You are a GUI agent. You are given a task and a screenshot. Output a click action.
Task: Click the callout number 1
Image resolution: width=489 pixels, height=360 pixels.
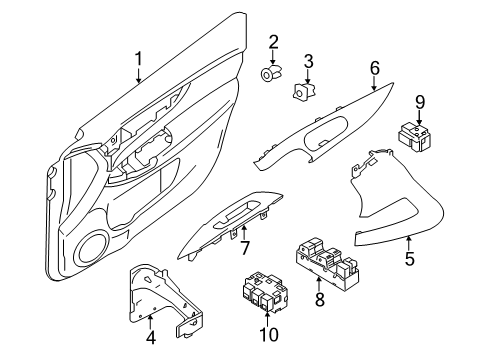coord(139,63)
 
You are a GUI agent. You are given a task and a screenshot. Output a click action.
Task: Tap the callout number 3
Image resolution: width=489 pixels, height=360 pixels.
coord(309,61)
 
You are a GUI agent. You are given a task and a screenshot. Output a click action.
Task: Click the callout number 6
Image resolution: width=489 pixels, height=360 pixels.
coord(374,67)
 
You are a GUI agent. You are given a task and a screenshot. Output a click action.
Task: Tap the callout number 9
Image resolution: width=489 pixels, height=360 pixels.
coord(421,101)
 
